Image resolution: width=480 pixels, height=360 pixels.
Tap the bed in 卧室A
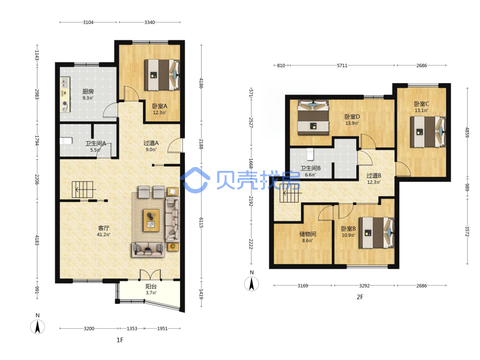coord(162,75)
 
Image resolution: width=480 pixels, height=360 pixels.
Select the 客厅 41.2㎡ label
coord(104,231)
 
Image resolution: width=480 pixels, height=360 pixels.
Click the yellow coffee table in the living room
coord(151,220)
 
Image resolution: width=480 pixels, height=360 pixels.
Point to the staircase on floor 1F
coord(83,190)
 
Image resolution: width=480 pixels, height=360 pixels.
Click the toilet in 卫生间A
coord(66,141)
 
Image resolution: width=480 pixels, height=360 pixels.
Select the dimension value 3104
coord(88,23)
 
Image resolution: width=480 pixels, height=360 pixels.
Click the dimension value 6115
coord(201,223)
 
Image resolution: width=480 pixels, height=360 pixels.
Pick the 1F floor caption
coord(120,340)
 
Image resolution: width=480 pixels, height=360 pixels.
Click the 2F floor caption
coord(360,297)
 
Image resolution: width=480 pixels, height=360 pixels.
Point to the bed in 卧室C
coord(428,132)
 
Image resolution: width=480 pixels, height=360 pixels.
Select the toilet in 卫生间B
coord(311,154)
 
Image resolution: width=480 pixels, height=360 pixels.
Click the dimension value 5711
coord(342,65)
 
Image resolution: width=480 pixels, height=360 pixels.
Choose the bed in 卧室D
coord(313,118)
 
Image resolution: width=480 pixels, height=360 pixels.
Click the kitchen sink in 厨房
coord(65,83)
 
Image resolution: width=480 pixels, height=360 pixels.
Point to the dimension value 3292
coord(364,286)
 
